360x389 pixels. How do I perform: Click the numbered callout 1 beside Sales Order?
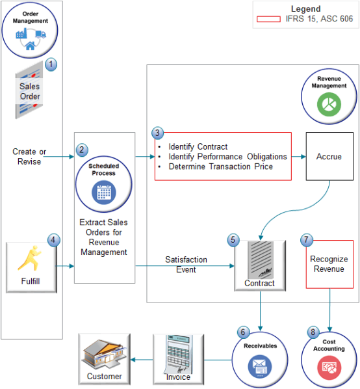pos(52,65)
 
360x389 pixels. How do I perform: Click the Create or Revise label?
pos(29,156)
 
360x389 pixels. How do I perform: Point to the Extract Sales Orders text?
pos(104,237)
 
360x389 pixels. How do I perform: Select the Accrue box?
pos(329,157)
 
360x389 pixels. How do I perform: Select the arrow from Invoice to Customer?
pos(141,358)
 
